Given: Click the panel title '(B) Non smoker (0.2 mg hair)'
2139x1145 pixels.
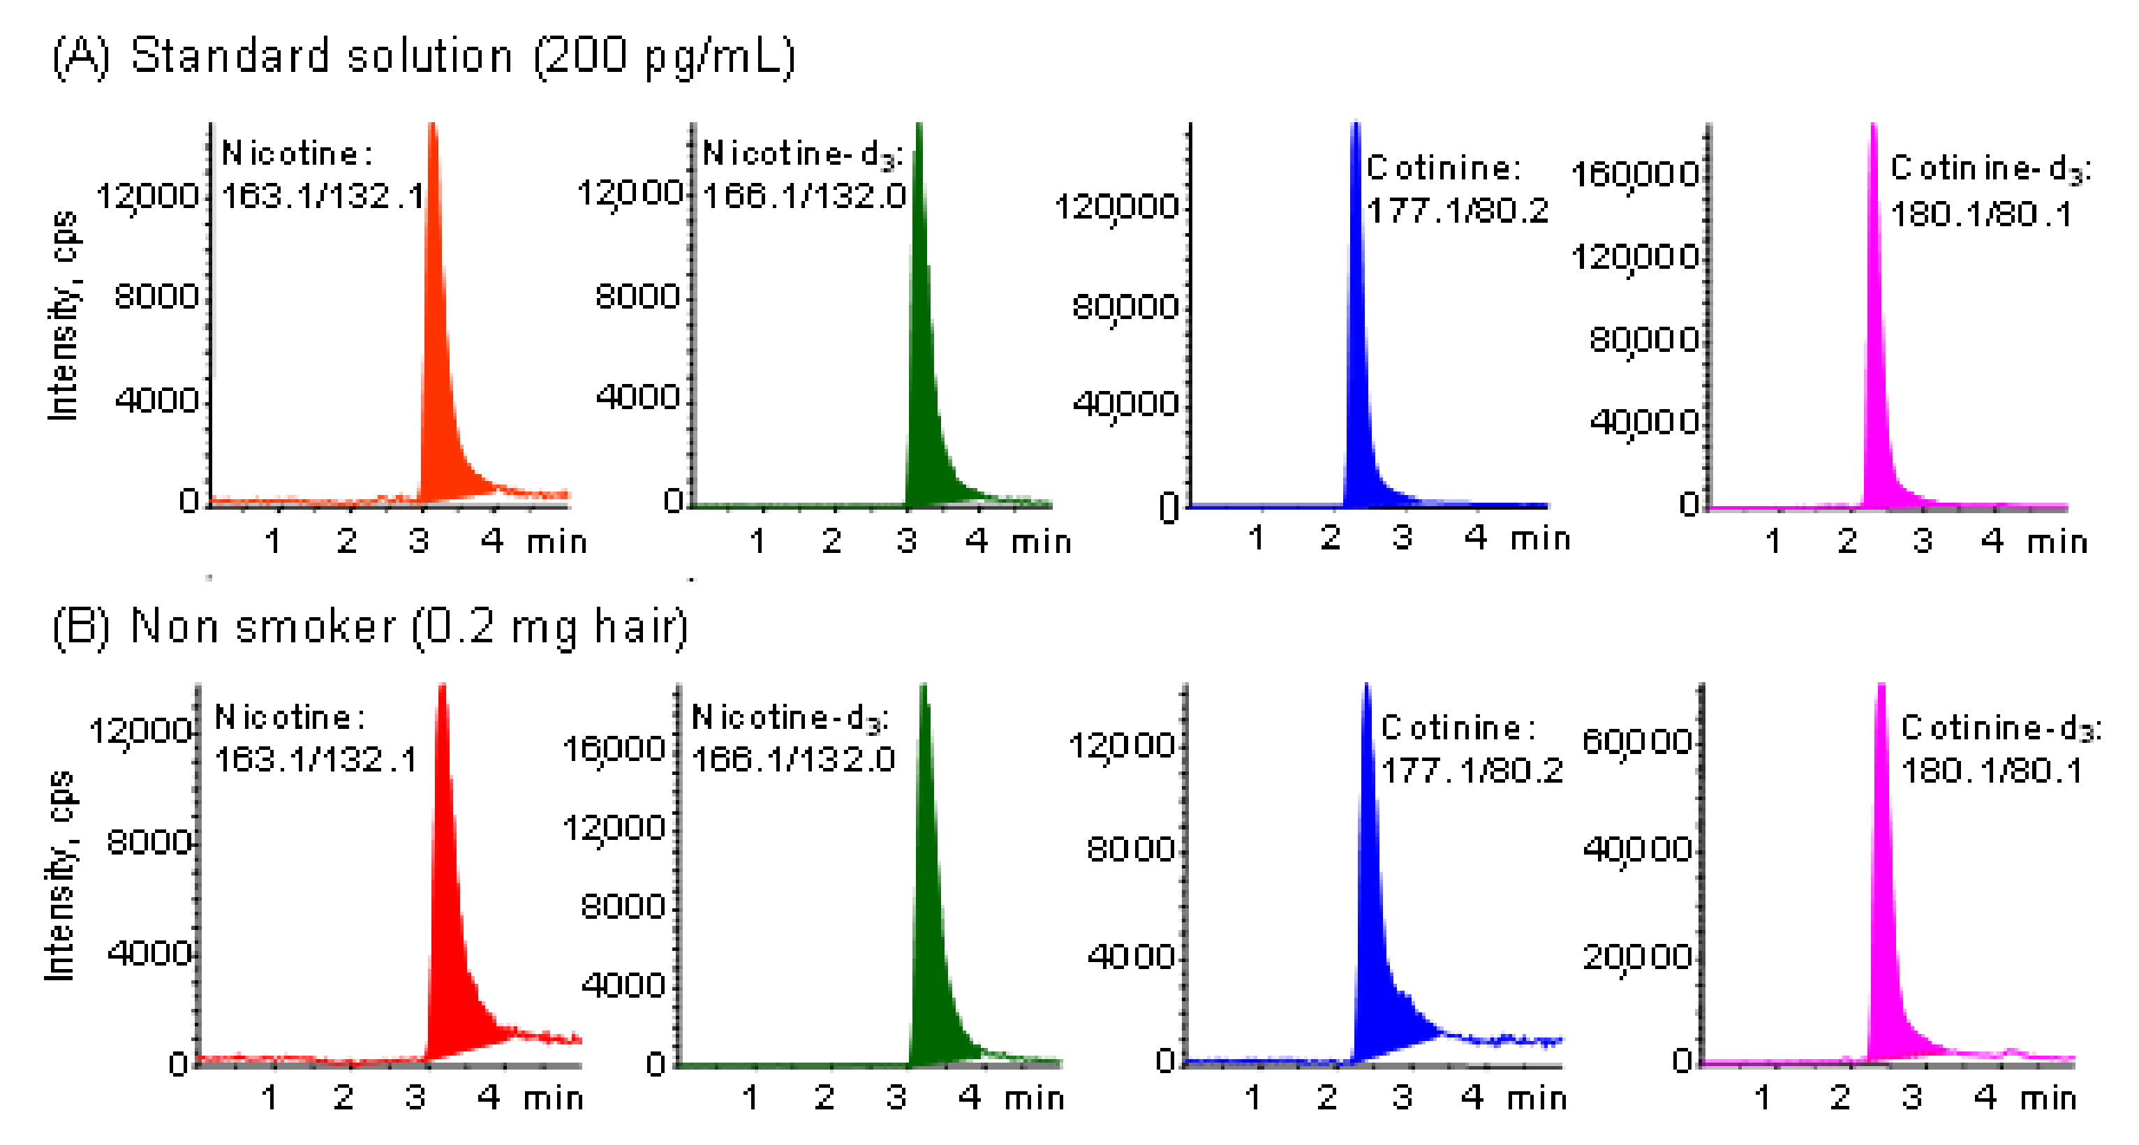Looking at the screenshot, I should coord(369,627).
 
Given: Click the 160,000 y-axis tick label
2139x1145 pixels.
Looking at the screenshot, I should coord(1634,175).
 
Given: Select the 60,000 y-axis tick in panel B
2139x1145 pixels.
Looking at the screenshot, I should coord(1636,741).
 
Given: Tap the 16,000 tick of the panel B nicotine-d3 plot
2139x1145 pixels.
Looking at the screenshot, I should coord(613,749).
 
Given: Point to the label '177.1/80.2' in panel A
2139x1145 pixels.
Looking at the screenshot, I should coord(1457,211).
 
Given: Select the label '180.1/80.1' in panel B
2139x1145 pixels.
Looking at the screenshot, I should coord(1991,771).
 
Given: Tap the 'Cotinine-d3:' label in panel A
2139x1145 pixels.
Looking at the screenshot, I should coord(1990,170).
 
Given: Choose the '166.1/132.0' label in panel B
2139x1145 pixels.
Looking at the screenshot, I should coord(793,759).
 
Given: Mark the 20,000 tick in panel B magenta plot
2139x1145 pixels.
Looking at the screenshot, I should coord(1636,957).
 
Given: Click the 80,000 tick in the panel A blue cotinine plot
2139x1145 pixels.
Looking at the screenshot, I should coord(1125,307).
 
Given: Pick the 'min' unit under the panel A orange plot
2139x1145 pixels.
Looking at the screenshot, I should coord(556,542).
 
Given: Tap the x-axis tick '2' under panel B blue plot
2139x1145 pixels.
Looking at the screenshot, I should coord(1327,1098).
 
